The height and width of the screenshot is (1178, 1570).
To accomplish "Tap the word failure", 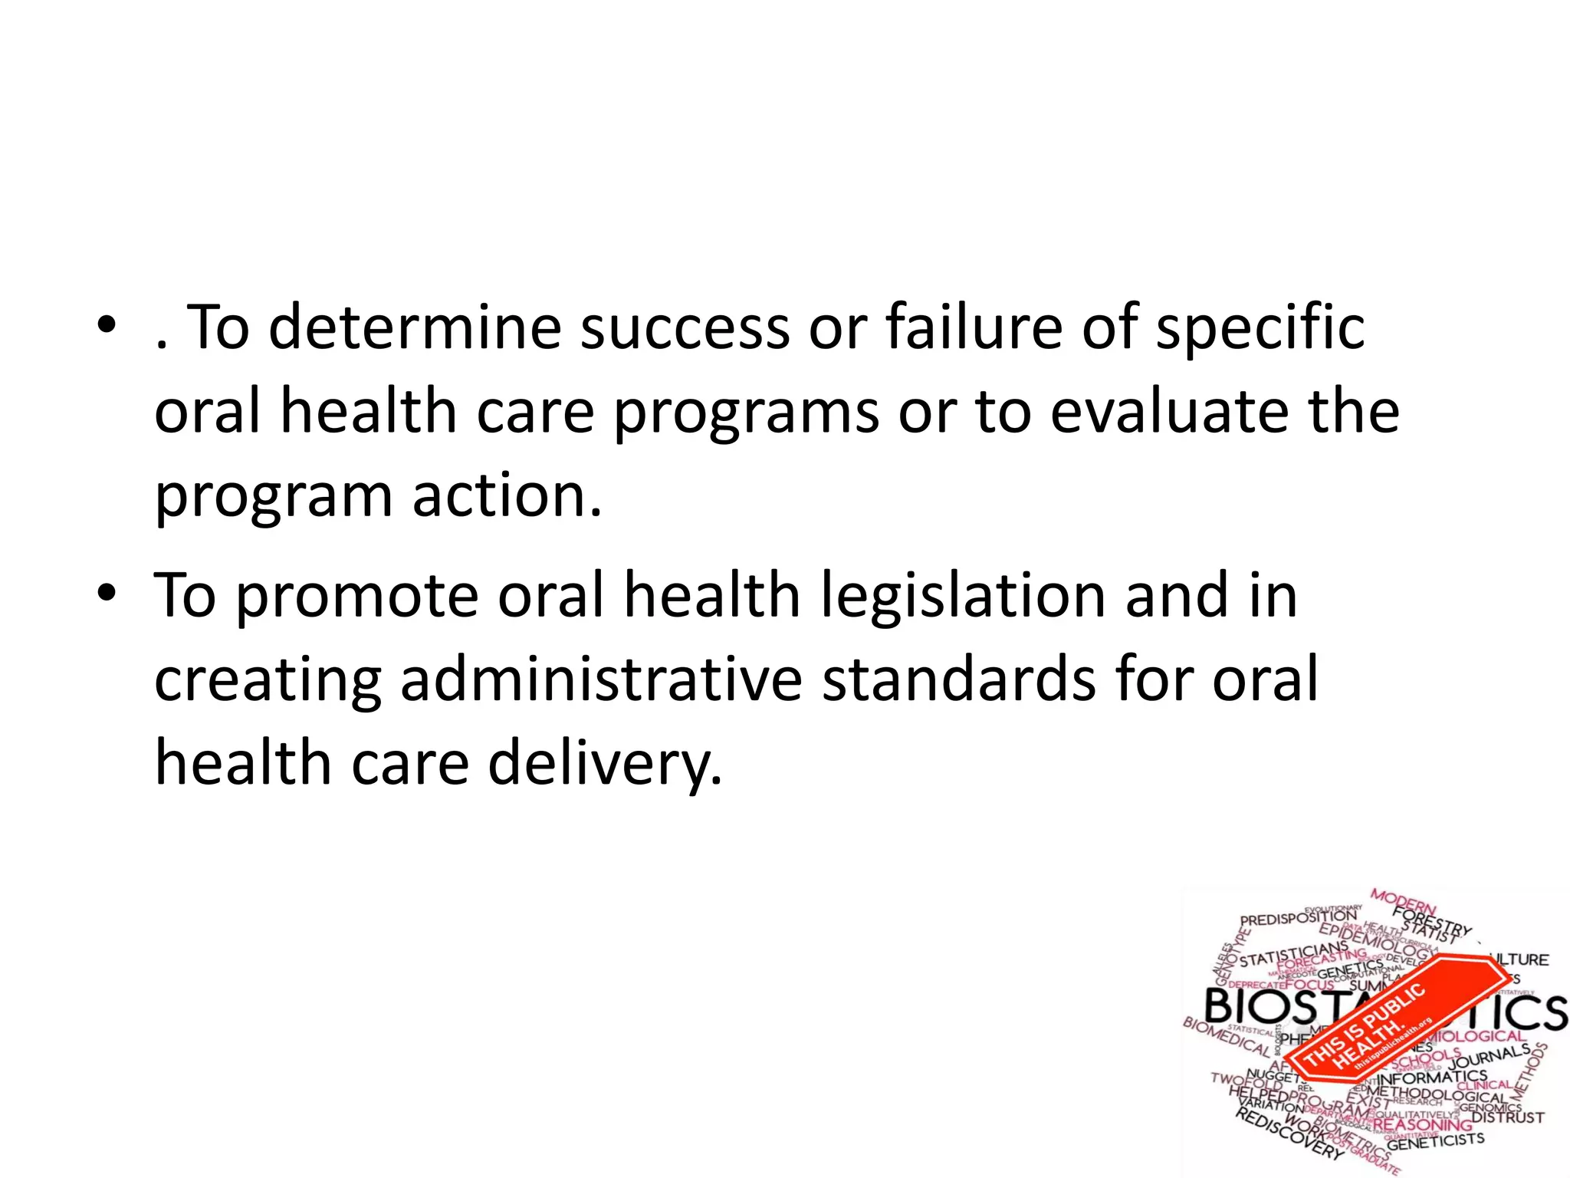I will coord(974,327).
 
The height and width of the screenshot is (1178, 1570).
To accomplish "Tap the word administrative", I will coord(601,679).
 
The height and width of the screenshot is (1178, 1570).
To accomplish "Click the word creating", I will coord(268,681).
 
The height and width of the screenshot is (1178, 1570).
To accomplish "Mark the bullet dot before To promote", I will coord(107,593).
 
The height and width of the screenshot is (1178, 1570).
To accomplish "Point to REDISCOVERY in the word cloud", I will coord(1288,1135).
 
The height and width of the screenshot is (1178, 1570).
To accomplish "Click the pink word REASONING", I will coord(1422,1124).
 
